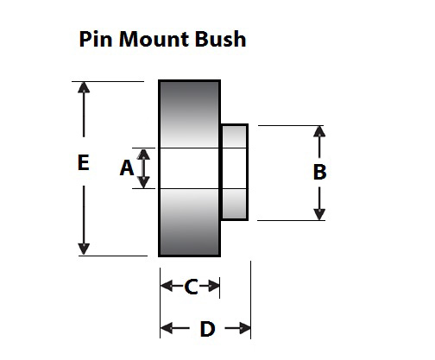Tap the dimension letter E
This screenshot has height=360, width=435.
coord(83,163)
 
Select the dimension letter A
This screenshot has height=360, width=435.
coord(127,168)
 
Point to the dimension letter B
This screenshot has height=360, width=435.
coord(319,172)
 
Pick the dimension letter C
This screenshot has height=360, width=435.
coord(192,287)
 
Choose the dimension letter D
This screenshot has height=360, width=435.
coord(207,329)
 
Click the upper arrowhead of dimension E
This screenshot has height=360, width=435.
coord(84,88)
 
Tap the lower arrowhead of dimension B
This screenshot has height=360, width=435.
coord(319,213)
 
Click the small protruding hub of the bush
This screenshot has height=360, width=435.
coord(235,172)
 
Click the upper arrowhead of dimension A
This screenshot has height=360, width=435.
coord(145,154)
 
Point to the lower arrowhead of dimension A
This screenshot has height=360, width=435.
coord(145,182)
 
